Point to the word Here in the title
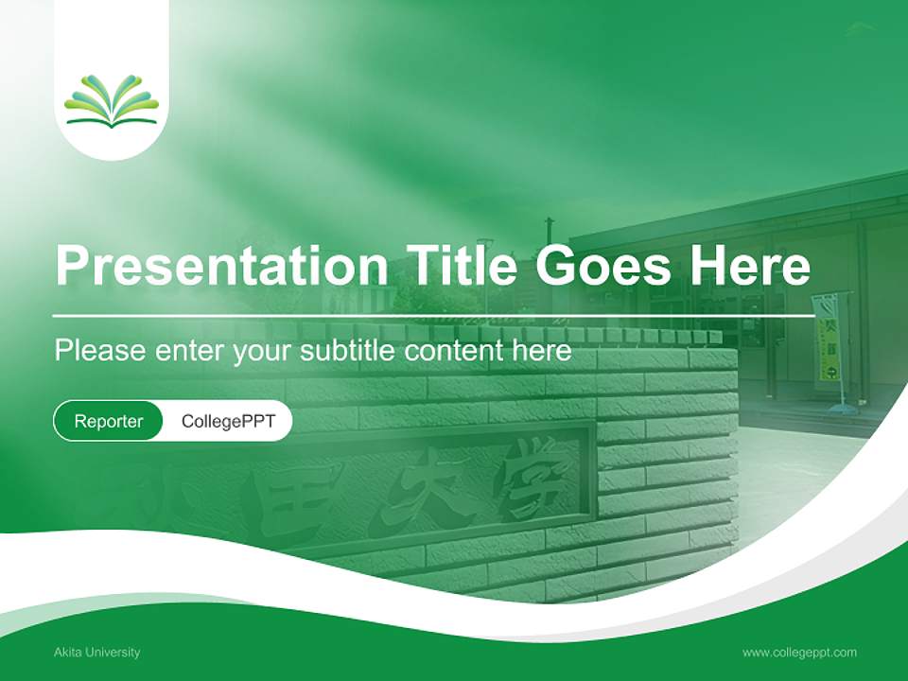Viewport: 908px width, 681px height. coord(750,266)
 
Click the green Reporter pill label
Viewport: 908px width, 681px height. coord(109,421)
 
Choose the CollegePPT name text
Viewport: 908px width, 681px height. coord(228,421)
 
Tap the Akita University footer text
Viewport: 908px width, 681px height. coord(97,652)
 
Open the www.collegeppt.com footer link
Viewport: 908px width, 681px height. coord(799,652)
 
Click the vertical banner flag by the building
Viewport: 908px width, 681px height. coord(828,340)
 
